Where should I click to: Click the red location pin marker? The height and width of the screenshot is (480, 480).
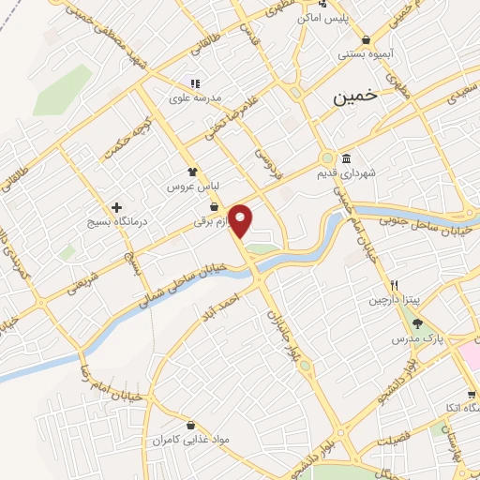[x=241, y=220]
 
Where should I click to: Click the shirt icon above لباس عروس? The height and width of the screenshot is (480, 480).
[x=193, y=172]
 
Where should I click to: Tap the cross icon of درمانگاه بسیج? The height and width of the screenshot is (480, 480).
[x=116, y=207]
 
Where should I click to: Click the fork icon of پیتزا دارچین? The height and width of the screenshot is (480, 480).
[x=396, y=285]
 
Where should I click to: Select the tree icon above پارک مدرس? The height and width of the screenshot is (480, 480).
[x=417, y=323]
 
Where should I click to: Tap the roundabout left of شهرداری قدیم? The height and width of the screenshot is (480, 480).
[x=327, y=158]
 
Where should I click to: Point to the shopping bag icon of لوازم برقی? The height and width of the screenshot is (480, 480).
[x=215, y=207]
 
